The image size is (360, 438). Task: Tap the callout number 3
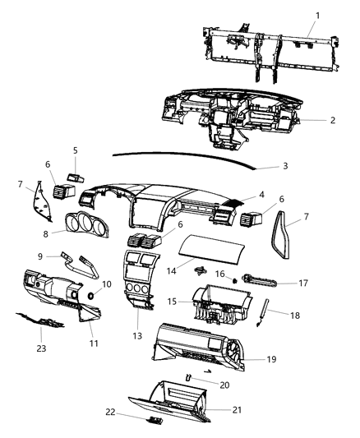pos(284,167)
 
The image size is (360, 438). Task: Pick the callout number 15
pos(169,302)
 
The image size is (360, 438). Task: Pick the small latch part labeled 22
pos(152,420)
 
